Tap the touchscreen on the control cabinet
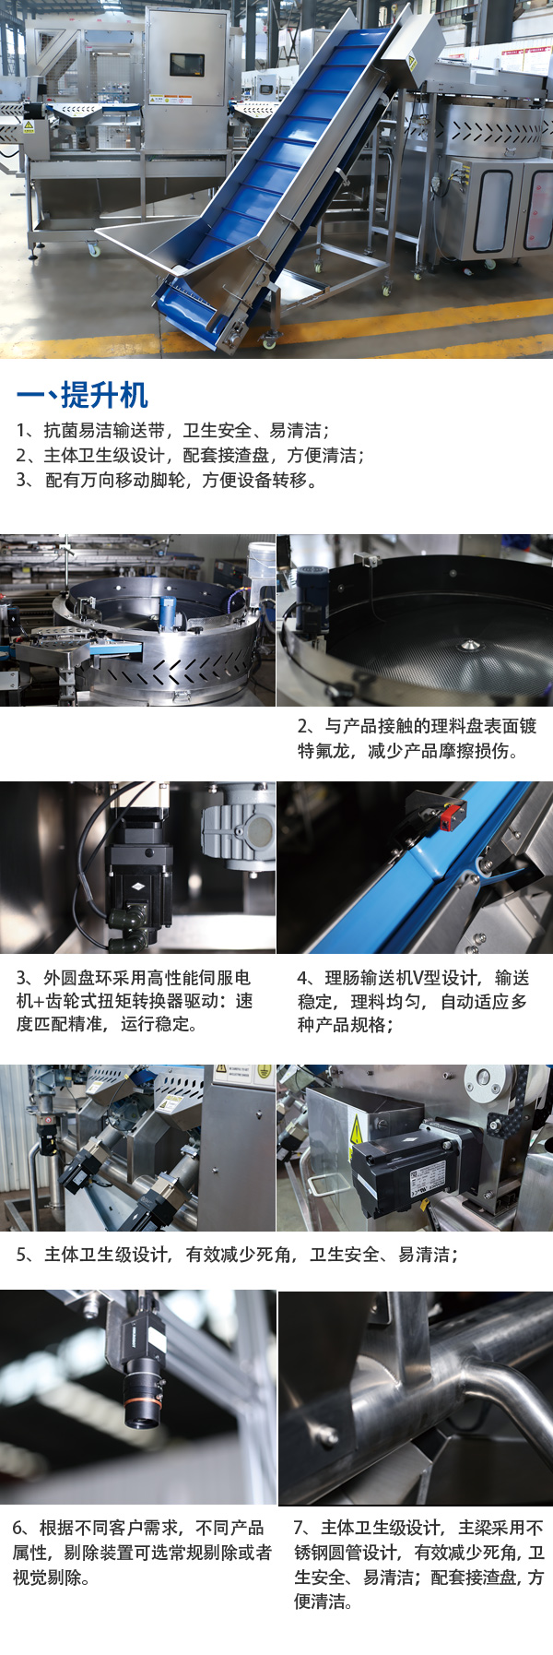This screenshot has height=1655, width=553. (x=187, y=65)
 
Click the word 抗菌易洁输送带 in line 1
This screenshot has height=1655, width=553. (x=104, y=431)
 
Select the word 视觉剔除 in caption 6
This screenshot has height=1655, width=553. (x=47, y=1578)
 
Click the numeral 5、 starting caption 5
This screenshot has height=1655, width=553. (x=28, y=1255)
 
